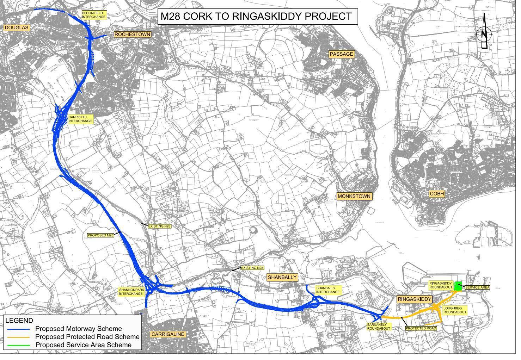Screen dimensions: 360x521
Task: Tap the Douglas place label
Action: coord(16,28)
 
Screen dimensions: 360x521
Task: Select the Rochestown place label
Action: coord(133,35)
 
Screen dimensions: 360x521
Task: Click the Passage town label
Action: coord(342,54)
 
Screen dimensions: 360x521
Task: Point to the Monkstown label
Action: coord(354,197)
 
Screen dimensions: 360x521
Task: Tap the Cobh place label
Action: coord(437,194)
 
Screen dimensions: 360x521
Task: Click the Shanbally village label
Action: coord(282,278)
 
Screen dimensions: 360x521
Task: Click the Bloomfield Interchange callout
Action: coord(94,15)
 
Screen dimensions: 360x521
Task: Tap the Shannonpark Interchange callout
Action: coord(131,292)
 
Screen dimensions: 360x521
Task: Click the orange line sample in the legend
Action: coord(19,337)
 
